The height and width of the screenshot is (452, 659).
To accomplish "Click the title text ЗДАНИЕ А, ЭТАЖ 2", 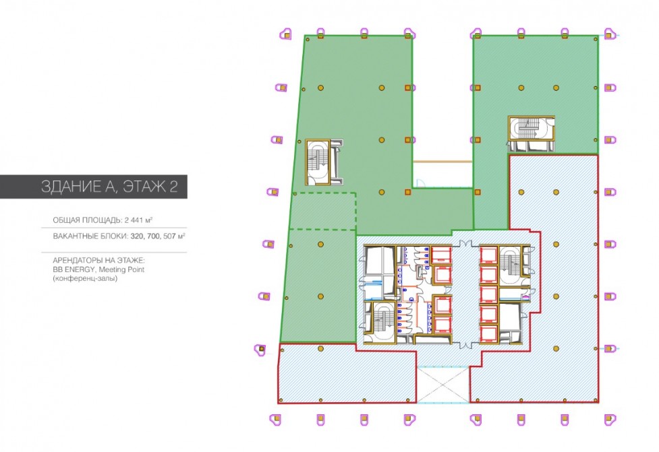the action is pyautogui.click(x=109, y=187).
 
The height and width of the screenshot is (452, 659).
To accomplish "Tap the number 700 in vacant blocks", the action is pyautogui.click(x=153, y=236).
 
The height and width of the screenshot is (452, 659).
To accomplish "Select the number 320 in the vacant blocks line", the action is pyautogui.click(x=137, y=236).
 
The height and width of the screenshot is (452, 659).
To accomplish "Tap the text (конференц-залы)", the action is pyautogui.click(x=85, y=278).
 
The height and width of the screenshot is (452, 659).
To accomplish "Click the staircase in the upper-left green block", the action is pyautogui.click(x=318, y=162).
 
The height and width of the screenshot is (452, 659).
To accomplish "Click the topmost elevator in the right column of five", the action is pyautogui.click(x=489, y=255).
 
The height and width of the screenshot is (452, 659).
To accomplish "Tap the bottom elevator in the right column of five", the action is pyautogui.click(x=489, y=333).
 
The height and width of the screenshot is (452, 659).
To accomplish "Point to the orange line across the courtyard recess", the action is pyautogui.click(x=442, y=162).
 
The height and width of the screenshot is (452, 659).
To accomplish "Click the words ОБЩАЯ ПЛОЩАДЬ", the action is pyautogui.click(x=87, y=220).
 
